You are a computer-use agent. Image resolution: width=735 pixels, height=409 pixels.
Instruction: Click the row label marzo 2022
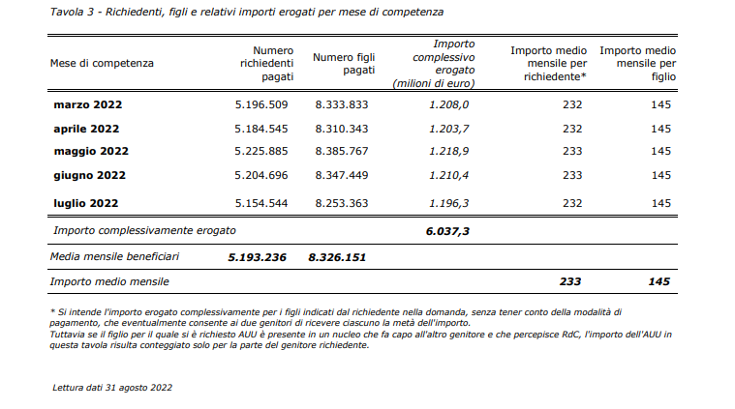click(x=88, y=104)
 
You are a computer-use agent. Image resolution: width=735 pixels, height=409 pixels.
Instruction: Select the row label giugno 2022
click(x=89, y=175)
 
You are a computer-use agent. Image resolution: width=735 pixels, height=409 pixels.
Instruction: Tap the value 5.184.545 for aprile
click(x=261, y=129)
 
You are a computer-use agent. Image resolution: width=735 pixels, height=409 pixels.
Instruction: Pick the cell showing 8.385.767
click(x=342, y=151)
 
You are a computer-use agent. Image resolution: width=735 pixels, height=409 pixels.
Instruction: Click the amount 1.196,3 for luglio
click(x=449, y=204)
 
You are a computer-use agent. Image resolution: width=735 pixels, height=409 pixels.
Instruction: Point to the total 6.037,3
click(x=447, y=231)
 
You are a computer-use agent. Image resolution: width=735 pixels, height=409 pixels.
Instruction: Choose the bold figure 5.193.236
click(x=257, y=257)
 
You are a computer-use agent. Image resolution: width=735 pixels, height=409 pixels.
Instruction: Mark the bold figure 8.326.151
click(x=337, y=257)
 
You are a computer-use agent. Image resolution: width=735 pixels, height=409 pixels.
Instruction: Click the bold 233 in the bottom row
click(x=570, y=281)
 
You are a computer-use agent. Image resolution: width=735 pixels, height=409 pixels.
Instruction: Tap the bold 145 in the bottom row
click(x=659, y=281)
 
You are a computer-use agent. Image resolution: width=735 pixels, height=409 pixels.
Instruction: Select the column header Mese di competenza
click(x=102, y=63)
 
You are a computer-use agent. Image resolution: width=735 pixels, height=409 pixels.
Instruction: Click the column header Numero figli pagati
click(x=344, y=64)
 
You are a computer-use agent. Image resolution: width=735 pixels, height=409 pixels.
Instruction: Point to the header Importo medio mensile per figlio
click(x=638, y=64)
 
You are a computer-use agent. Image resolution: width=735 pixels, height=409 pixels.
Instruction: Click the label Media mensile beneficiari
click(x=114, y=256)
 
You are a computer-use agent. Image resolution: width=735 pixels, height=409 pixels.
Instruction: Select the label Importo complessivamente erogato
click(x=144, y=231)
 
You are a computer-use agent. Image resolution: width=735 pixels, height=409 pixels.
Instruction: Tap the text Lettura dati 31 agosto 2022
click(x=112, y=388)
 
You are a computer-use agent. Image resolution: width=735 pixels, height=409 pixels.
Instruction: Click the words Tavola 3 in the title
click(x=73, y=12)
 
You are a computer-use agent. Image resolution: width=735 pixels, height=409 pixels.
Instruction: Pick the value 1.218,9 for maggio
click(x=449, y=152)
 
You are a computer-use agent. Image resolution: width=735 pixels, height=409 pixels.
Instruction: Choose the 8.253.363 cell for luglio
click(x=342, y=204)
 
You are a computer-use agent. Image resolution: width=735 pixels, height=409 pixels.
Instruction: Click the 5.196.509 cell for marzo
click(x=261, y=104)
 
